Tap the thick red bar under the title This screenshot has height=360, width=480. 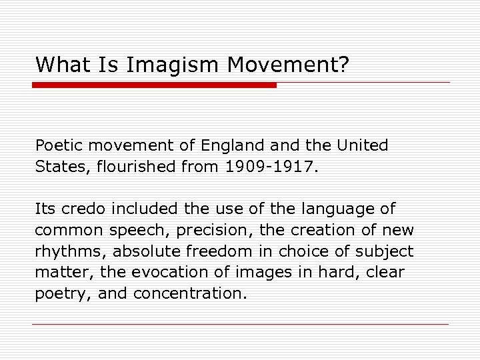pyautogui.click(x=154, y=85)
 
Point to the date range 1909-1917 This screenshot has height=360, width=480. pyautogui.click(x=268, y=167)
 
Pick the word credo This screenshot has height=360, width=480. pyautogui.click(x=83, y=209)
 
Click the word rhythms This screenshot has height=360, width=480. pyautogui.click(x=71, y=251)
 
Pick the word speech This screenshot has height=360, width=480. pyautogui.click(x=128, y=231)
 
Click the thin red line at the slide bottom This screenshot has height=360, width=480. pyautogui.click(x=240, y=324)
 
